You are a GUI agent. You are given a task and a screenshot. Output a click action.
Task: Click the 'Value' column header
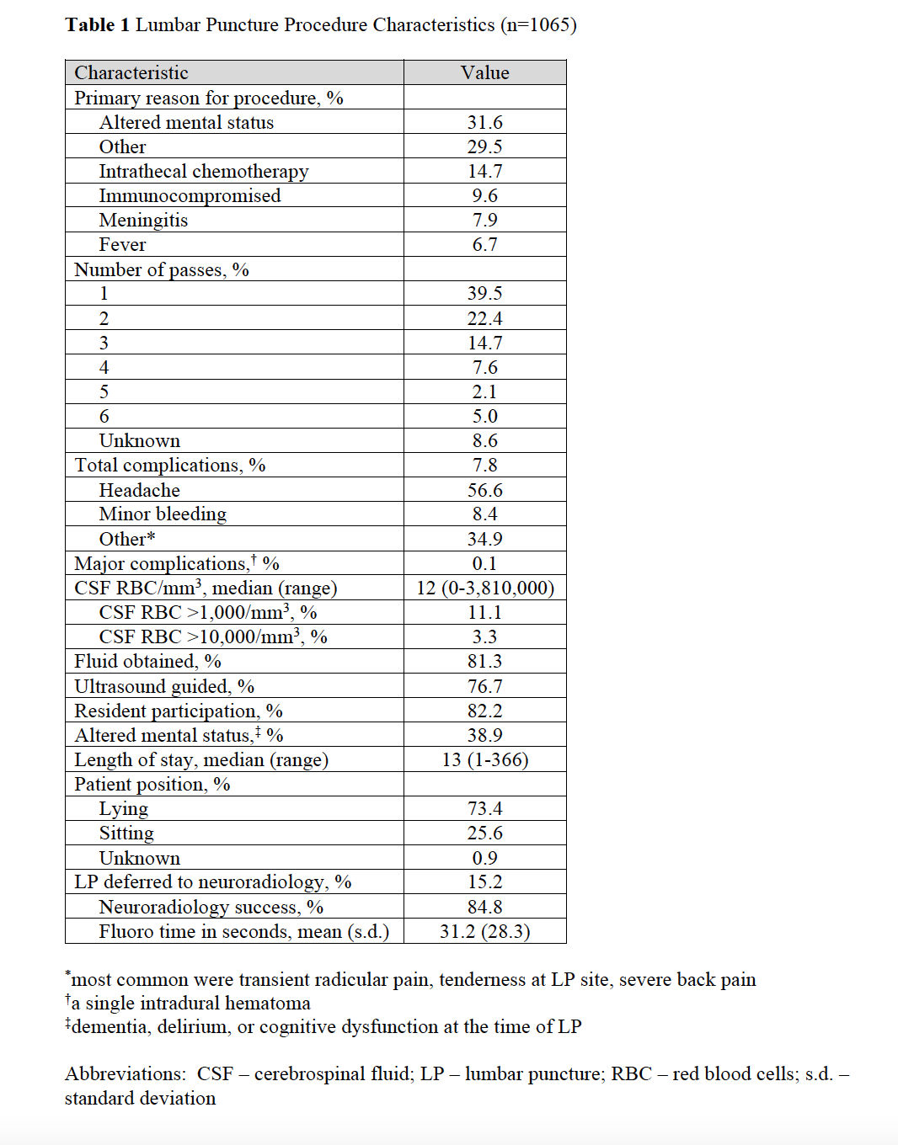[x=484, y=73]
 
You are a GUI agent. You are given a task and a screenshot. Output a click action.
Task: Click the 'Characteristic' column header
[x=131, y=73]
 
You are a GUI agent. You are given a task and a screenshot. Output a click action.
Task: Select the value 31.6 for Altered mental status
[x=484, y=123]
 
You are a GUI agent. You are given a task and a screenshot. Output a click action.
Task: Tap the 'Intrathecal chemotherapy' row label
[x=204, y=172]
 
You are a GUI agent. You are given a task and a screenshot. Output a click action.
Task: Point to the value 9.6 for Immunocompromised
[x=484, y=196]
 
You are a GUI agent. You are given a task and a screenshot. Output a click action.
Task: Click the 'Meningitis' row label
[x=143, y=221]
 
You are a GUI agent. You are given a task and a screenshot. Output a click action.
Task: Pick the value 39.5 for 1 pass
[x=484, y=294]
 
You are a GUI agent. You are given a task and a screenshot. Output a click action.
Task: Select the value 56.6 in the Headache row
[x=484, y=490]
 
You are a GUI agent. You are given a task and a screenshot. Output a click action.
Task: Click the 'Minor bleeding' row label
[x=163, y=514]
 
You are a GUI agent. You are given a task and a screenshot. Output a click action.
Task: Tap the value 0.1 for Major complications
[x=484, y=563]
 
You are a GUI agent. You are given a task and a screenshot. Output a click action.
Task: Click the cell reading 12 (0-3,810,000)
[x=485, y=588]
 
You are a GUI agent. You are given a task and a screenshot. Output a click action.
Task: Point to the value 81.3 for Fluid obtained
[x=484, y=662]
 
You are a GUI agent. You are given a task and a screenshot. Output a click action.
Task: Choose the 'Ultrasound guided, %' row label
[x=164, y=687]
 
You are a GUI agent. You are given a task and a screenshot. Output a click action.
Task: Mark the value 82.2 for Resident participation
[x=484, y=711]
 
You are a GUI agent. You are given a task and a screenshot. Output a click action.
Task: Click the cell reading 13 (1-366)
[x=485, y=760]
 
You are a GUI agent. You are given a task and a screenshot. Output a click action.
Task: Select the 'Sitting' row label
[x=126, y=833]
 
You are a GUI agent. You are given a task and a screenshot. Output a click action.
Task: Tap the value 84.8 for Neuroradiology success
[x=484, y=908]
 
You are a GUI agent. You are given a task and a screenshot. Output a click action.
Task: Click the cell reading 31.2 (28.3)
[x=485, y=932]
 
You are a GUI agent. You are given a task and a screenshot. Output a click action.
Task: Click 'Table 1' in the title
[x=98, y=25]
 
